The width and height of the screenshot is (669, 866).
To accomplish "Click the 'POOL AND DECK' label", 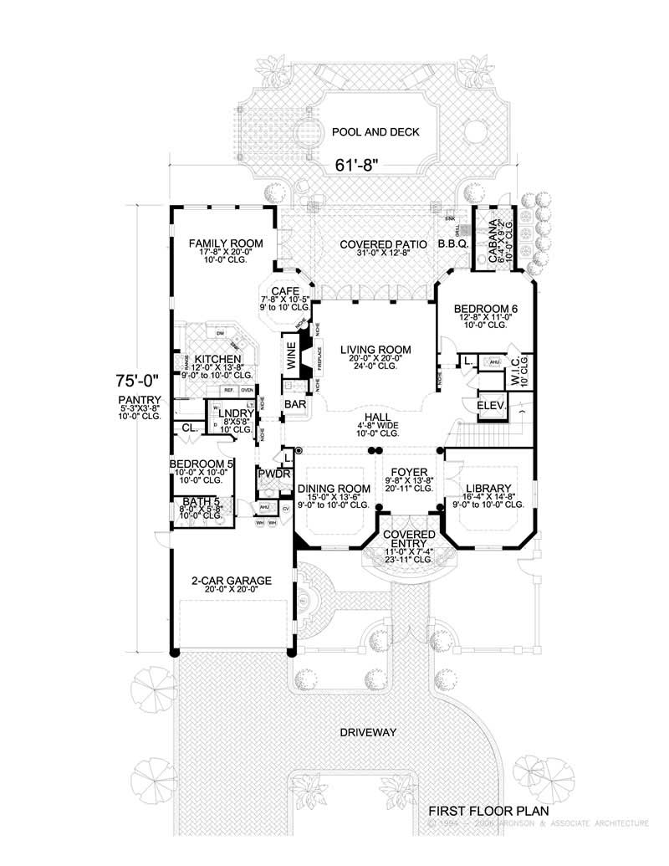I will [375, 132].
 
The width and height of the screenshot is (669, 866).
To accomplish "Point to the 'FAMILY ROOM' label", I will [225, 243].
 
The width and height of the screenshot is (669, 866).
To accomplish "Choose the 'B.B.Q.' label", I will [452, 244].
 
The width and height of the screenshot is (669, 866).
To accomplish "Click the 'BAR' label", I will [294, 404].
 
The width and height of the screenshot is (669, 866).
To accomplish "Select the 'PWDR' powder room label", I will [273, 474].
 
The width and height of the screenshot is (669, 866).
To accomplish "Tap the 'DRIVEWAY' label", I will [367, 733].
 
